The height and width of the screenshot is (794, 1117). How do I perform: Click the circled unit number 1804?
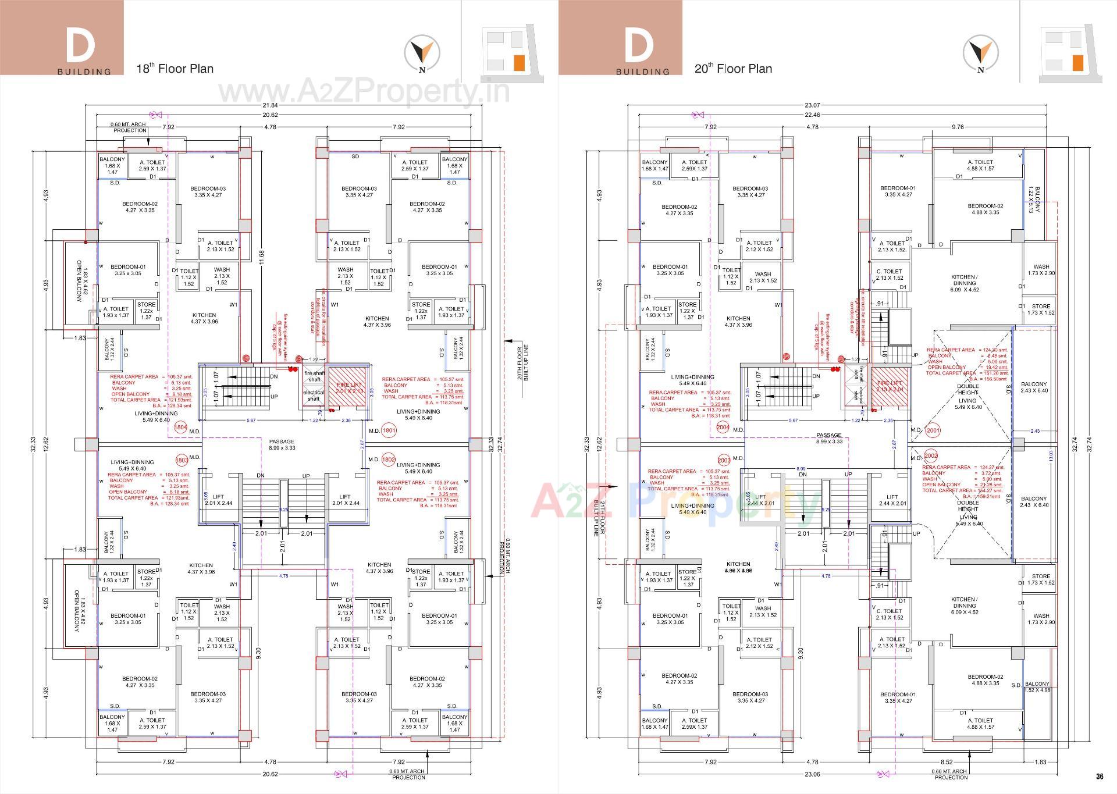click(x=180, y=428)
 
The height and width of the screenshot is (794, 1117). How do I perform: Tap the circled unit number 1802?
click(x=389, y=460)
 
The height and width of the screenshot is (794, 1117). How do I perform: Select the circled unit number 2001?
click(x=933, y=431)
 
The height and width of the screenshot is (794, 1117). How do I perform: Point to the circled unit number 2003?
click(x=724, y=459)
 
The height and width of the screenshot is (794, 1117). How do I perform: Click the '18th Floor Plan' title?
click(x=175, y=69)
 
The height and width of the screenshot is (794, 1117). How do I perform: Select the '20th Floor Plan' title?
click(x=733, y=69)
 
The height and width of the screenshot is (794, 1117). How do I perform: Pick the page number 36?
click(x=1099, y=776)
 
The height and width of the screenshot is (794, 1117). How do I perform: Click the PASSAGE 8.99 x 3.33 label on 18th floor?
click(x=282, y=445)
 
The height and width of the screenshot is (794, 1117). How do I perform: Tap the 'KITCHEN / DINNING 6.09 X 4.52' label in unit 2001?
click(x=964, y=283)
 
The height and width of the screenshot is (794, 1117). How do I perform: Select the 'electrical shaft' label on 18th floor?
click(x=314, y=396)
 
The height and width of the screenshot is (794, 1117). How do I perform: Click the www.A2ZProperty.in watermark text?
click(x=364, y=92)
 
